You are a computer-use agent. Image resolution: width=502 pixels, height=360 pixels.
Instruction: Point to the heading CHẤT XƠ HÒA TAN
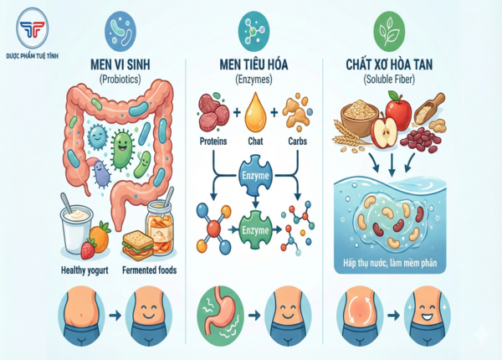[388, 64]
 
